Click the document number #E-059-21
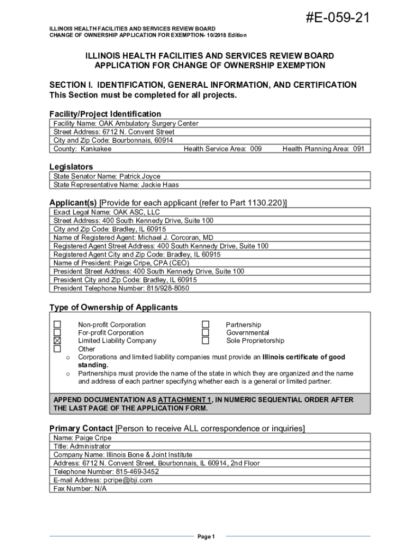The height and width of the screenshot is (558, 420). tap(338, 19)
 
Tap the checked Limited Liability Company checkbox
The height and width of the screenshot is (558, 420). tap(57, 341)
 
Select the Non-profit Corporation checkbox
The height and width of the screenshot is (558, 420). tap(57, 325)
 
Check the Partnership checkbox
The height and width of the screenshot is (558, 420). tap(206, 325)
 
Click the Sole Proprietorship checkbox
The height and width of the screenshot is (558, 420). tap(206, 341)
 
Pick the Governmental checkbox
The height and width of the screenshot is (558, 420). tap(206, 332)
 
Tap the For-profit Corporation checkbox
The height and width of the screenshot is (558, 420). tap(57, 332)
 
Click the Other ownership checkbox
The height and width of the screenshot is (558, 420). tap(57, 349)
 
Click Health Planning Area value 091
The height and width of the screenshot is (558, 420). tap(358, 149)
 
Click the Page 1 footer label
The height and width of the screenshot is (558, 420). tap(207, 537)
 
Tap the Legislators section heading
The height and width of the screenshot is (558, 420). tap(71, 167)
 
